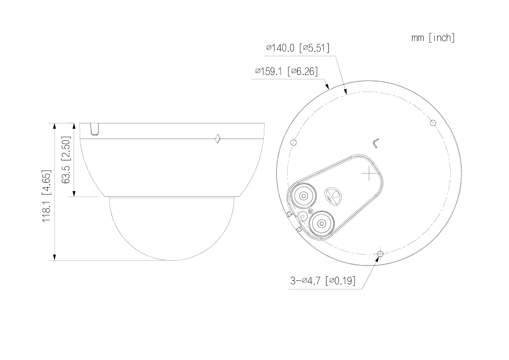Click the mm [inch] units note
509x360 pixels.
click(x=433, y=38)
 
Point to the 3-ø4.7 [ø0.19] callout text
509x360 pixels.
click(x=322, y=281)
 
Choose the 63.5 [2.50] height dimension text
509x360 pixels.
click(x=67, y=160)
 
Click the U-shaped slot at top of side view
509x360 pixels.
click(x=95, y=129)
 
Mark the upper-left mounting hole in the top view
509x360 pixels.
click(x=293, y=143)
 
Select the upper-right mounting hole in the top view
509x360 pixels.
click(x=433, y=123)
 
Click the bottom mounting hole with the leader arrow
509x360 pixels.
click(x=381, y=253)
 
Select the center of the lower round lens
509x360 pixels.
click(x=321, y=224)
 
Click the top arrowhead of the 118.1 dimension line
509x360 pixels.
click(x=54, y=126)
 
